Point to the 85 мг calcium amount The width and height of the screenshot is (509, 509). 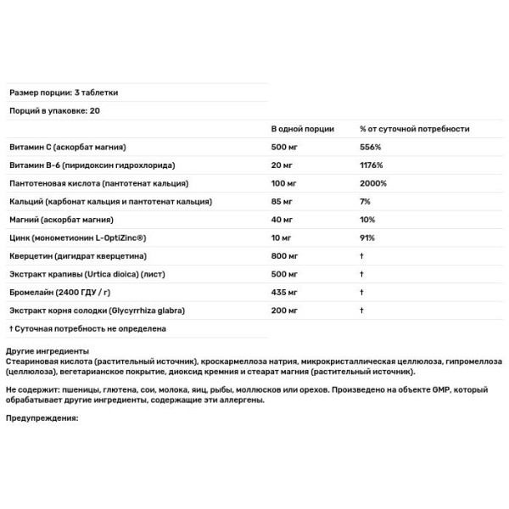281,201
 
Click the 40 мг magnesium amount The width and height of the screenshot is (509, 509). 281,220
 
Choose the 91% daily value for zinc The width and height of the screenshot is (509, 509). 366,238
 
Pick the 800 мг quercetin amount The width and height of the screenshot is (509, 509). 283,255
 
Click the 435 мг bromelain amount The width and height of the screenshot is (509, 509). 283,292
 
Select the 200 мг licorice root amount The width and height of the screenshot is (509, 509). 283,310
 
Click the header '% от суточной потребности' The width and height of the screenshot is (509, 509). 414,129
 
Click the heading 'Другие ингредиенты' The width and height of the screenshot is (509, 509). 47,351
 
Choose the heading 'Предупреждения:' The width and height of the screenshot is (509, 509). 42,418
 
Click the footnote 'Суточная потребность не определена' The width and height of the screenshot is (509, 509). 88,328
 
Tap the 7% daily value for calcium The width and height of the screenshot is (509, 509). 364,201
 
